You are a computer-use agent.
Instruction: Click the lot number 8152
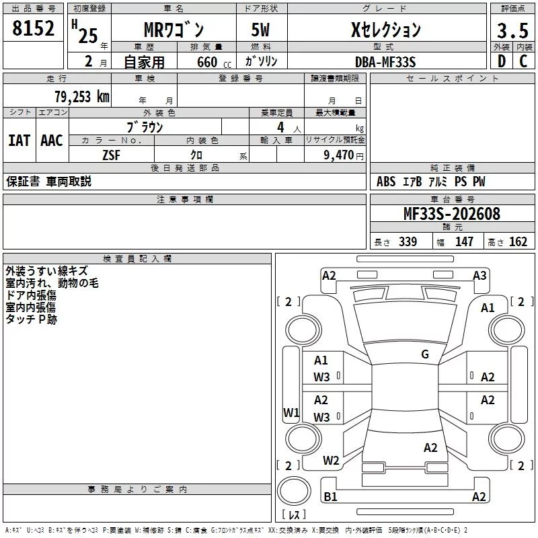pyautogui.click(x=34, y=30)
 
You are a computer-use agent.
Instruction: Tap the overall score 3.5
pyautogui.click(x=511, y=30)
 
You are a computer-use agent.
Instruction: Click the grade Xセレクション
pyautogui.click(x=386, y=30)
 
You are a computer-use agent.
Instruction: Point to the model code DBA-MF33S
pyautogui.click(x=385, y=62)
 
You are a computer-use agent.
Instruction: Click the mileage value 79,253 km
pyautogui.click(x=82, y=96)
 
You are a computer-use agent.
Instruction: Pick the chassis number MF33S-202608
pyautogui.click(x=451, y=214)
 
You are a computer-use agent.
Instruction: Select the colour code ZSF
pyautogui.click(x=112, y=155)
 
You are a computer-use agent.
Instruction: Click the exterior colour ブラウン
pyautogui.click(x=145, y=126)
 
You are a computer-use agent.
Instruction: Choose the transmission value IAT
pyautogui.click(x=19, y=141)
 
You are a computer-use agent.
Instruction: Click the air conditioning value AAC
pyautogui.click(x=51, y=141)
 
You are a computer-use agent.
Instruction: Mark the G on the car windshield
pyautogui.click(x=425, y=354)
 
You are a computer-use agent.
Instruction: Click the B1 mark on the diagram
pyautogui.click(x=330, y=497)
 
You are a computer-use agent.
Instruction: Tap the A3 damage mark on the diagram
pyautogui.click(x=479, y=275)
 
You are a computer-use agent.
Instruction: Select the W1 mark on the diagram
pyautogui.click(x=291, y=412)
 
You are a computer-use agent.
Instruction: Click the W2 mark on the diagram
pyautogui.click(x=331, y=461)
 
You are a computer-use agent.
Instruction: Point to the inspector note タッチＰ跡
pyautogui.click(x=31, y=319)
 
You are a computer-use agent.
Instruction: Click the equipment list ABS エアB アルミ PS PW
pyautogui.click(x=430, y=182)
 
